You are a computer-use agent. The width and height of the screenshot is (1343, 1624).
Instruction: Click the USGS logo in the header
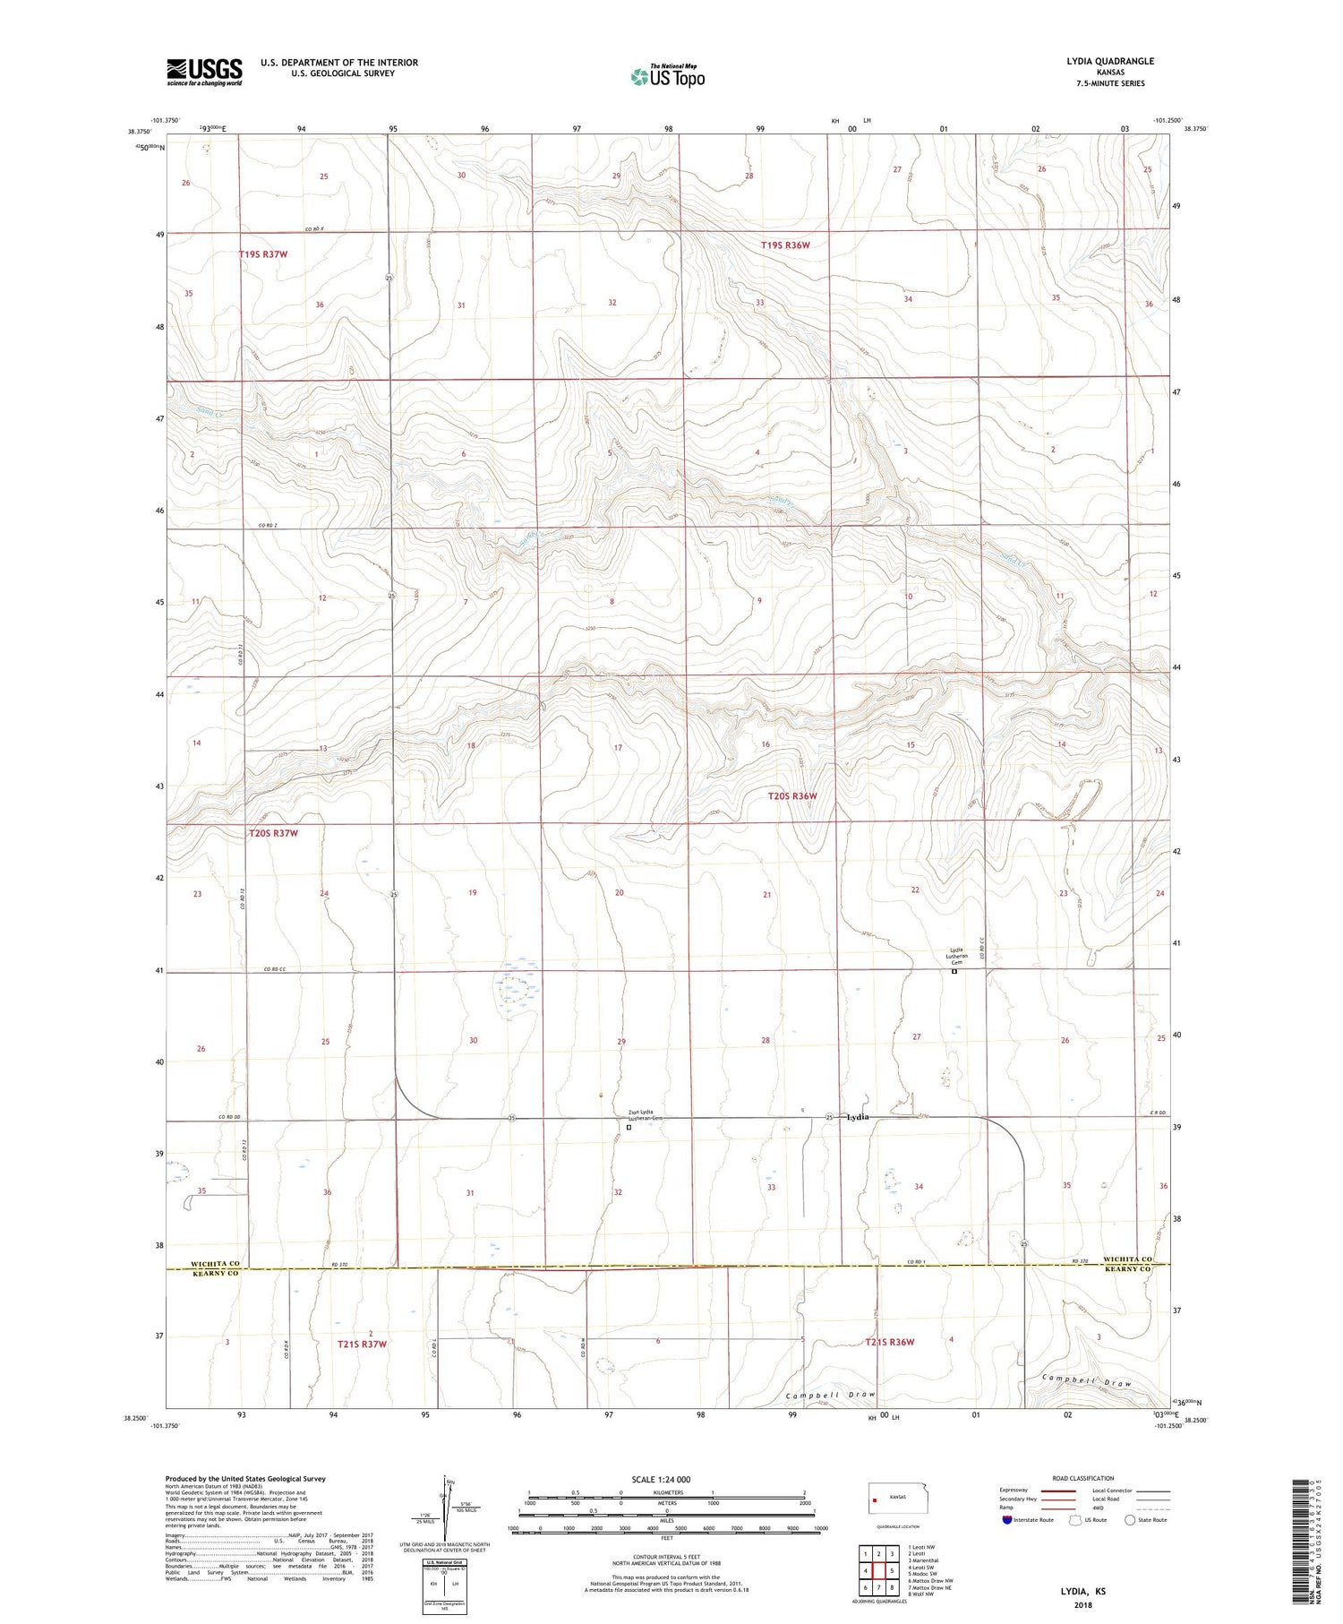coord(204,72)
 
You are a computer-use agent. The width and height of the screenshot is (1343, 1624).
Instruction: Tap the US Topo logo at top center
coord(668,77)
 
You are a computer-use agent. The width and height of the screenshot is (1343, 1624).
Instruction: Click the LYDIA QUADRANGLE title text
coord(1109,61)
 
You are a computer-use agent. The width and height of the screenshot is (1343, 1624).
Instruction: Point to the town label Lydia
coord(857,1117)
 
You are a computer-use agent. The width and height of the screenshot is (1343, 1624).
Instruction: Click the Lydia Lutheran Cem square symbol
coord(954,971)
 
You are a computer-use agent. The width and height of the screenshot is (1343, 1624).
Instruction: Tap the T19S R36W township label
coord(785,245)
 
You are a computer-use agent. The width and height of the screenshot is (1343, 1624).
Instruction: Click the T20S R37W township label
coord(272,833)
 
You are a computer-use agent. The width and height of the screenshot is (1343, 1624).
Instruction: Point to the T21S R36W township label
coord(889,1342)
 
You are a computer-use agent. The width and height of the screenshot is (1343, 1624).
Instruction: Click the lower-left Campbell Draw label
coord(830,1396)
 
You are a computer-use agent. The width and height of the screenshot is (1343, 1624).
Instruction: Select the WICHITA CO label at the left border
coord(216,1264)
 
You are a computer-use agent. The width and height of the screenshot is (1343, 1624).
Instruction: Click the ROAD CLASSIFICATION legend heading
coord(1083,1478)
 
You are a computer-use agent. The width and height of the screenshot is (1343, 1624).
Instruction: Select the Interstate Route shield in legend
coord(1006,1520)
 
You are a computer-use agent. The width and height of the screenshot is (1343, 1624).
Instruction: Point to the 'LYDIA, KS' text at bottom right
coord(1082,1592)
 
